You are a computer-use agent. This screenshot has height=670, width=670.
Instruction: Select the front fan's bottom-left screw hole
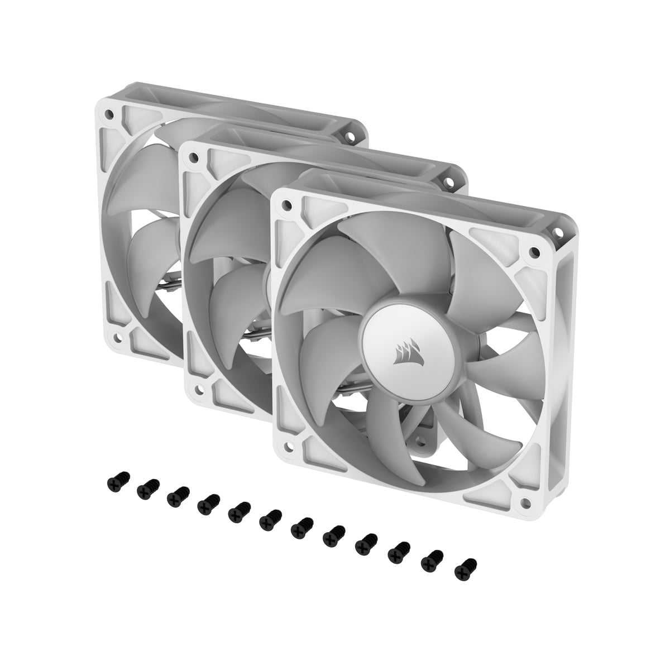(x=288, y=446)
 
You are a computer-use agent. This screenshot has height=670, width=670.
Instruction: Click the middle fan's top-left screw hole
(x=194, y=157)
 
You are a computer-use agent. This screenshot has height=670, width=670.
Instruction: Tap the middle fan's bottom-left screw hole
(x=197, y=389)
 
